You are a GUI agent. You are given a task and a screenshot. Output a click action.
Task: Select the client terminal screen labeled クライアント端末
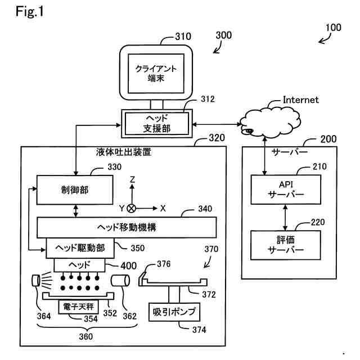click(x=156, y=73)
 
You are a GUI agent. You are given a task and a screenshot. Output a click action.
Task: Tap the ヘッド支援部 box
click(x=156, y=123)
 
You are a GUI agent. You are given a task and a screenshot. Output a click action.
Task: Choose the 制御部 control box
click(x=73, y=190)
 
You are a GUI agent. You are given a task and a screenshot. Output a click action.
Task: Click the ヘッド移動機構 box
click(x=127, y=227)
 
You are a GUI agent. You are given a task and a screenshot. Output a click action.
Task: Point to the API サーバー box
click(x=286, y=190)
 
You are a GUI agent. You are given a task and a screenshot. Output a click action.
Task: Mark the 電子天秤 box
click(x=78, y=306)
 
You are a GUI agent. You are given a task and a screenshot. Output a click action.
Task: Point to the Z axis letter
click(x=132, y=180)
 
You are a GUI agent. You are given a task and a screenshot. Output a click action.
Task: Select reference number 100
click(x=333, y=26)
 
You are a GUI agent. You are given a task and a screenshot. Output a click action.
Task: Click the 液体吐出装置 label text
click(x=123, y=152)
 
